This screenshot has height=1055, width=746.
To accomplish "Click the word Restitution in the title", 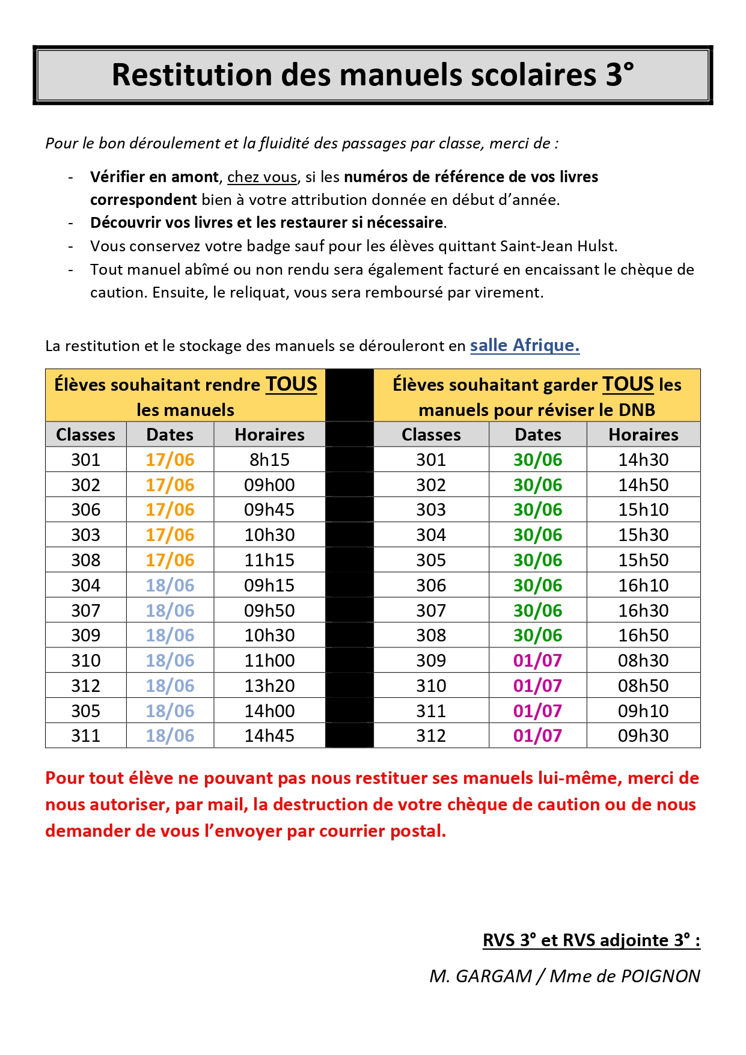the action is point(192,75).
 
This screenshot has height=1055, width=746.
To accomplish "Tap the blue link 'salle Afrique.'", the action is point(524,345).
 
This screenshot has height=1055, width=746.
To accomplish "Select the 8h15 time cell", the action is point(269,460).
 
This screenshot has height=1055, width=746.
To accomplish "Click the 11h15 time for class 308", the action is point(269,560).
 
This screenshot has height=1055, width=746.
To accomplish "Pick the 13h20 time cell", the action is point(269,686).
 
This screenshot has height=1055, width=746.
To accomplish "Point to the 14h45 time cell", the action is point(269,736).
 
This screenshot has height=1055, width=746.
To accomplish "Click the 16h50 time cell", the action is point(643,635).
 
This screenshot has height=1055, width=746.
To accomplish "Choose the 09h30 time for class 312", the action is point(643,736).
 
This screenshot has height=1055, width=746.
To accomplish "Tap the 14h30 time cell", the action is point(643,460).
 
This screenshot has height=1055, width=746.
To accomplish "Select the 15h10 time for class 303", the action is point(643,510).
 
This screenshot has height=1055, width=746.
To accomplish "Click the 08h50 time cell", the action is point(643,686).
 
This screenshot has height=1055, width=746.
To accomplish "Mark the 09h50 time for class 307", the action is point(269,611).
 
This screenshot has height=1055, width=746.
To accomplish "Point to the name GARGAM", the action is point(494,976).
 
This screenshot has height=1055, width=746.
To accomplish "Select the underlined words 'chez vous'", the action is point(262,177).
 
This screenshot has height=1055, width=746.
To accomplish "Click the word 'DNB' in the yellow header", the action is point(637,410).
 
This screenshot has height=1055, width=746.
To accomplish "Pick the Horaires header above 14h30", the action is point(643,435).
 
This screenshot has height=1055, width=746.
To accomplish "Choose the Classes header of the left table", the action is point(85,435).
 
